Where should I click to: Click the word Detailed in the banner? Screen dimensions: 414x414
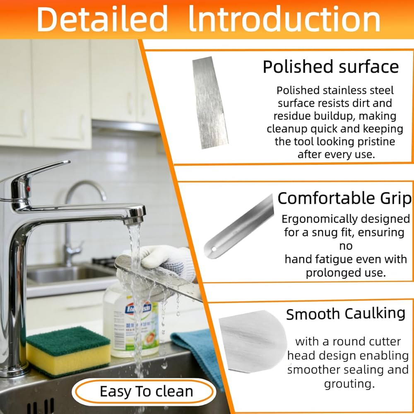[102, 19]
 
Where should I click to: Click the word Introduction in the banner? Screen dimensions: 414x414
[285, 19]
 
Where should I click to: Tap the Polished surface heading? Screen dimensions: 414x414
[330, 67]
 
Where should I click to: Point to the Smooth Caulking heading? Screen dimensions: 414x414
[346, 314]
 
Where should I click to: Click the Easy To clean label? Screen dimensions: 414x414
[146, 391]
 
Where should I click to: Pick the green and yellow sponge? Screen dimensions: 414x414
[68, 351]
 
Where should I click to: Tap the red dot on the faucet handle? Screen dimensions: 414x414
[28, 189]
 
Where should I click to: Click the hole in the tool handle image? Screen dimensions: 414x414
[214, 249]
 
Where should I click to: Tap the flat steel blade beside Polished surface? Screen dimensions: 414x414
[210, 102]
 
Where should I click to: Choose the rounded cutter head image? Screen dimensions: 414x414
[253, 341]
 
